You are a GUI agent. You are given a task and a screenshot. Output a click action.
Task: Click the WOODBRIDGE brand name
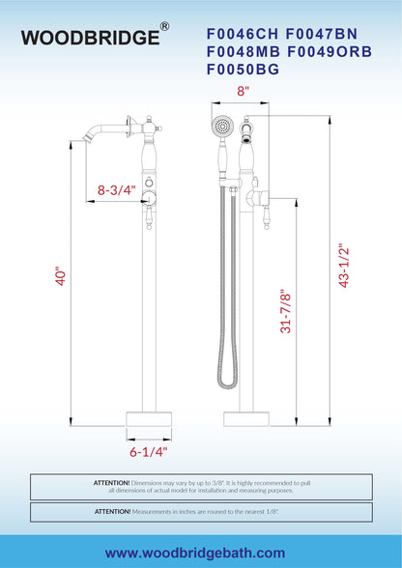(x=90, y=38)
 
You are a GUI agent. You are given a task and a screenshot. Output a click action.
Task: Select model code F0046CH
(x=243, y=34)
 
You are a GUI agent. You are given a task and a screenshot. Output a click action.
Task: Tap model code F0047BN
(x=322, y=34)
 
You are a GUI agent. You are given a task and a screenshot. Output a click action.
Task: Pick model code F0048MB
(x=244, y=52)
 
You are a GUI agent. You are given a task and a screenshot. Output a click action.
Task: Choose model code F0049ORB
(x=330, y=52)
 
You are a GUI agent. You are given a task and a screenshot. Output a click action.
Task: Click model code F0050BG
(x=243, y=70)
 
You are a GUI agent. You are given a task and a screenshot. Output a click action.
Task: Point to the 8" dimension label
(x=243, y=91)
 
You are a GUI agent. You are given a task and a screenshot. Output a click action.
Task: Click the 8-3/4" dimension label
(x=117, y=189)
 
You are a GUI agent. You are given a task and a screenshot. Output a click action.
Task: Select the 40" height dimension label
(x=61, y=277)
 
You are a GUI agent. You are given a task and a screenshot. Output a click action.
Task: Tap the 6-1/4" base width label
(x=149, y=452)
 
